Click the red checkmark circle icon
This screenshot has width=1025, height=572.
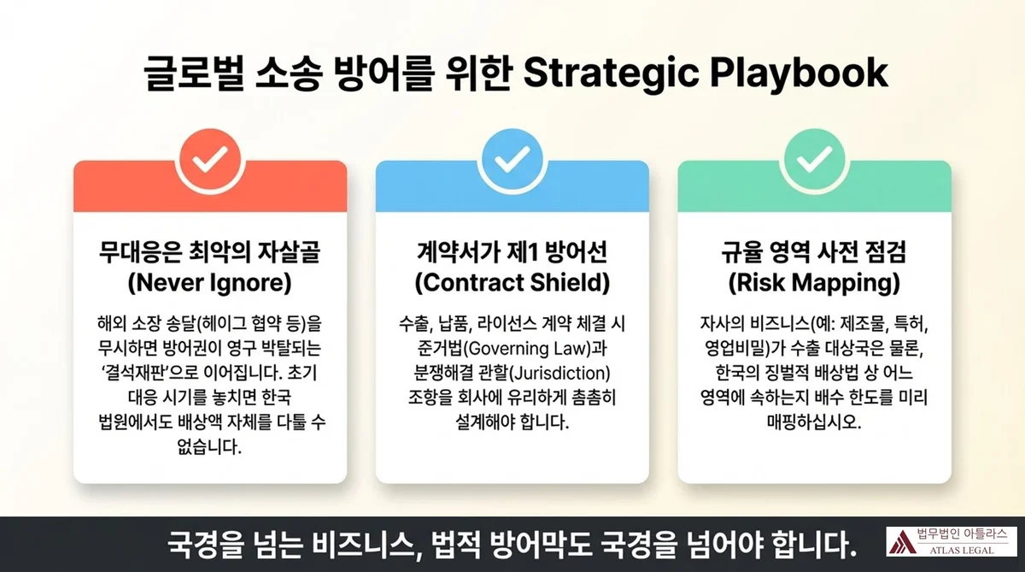[x=210, y=159]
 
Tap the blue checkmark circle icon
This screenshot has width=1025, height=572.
[x=512, y=159]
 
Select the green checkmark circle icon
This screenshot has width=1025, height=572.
[x=814, y=159]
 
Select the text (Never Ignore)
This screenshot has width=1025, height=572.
[x=210, y=281]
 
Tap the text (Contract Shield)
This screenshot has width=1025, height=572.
[x=512, y=281]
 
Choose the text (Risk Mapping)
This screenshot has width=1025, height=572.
[x=814, y=281]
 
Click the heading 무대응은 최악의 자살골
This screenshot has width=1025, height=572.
[x=210, y=253]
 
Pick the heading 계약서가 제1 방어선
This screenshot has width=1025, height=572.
[x=512, y=253]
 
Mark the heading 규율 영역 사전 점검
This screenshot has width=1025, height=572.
[x=814, y=253]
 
